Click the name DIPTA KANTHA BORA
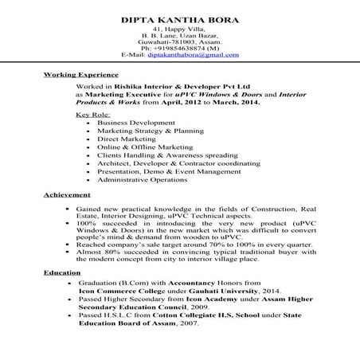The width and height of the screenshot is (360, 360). click(178, 18)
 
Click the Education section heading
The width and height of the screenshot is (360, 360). click(62, 273)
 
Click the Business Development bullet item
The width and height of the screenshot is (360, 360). click(131, 123)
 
